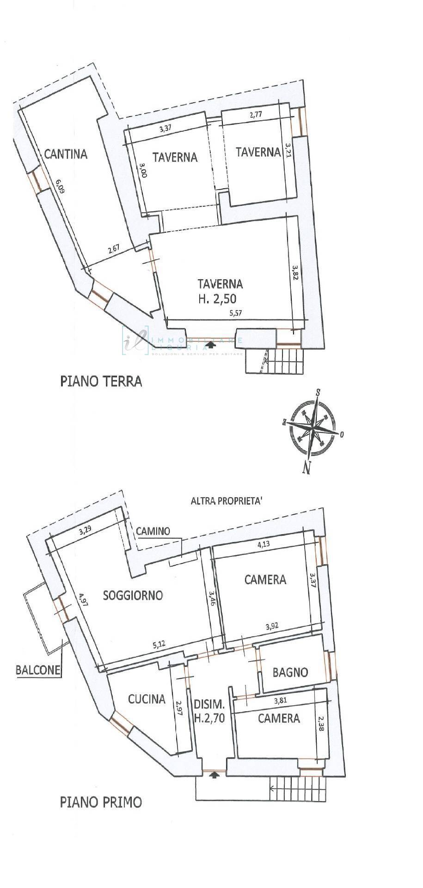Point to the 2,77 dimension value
click(257, 116)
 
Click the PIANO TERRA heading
click(101, 382)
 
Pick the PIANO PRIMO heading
click(101, 802)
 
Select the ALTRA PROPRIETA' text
click(227, 500)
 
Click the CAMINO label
click(153, 531)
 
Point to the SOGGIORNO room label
click(133, 595)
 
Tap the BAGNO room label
click(290, 672)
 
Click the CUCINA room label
click(147, 699)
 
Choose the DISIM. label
click(209, 704)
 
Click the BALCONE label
click(38, 670)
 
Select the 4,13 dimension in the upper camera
click(264, 544)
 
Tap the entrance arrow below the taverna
click(211, 345)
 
